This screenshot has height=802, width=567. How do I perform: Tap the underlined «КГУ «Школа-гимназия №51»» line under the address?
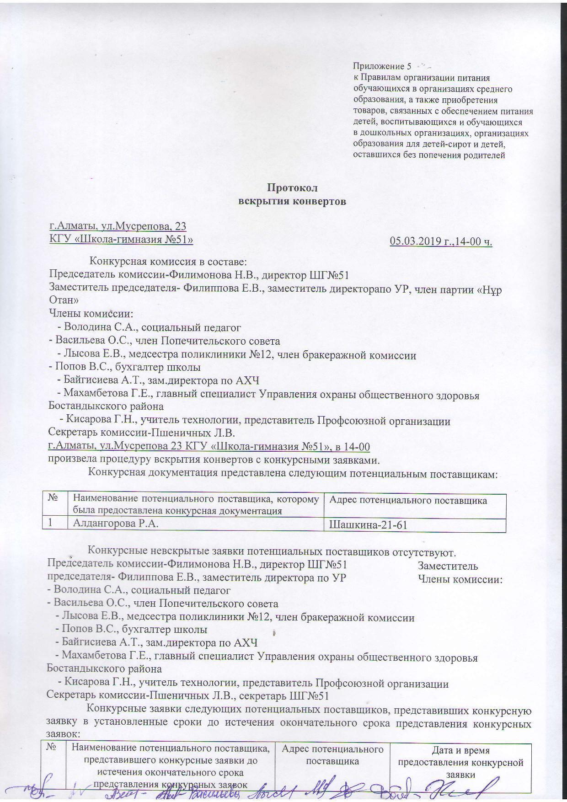tap(121, 239)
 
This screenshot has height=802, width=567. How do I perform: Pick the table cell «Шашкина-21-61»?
tap(368, 525)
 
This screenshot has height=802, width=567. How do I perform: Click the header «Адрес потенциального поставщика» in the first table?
tap(408, 500)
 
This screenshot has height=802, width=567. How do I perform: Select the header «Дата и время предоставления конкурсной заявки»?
tap(460, 762)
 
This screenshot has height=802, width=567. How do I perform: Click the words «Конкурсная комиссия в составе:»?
tap(168, 262)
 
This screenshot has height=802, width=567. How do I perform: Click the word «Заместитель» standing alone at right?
tap(448, 566)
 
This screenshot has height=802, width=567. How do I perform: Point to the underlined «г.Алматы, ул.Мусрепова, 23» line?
tap(118, 226)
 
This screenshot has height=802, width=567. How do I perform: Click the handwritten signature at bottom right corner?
tap(503, 788)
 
